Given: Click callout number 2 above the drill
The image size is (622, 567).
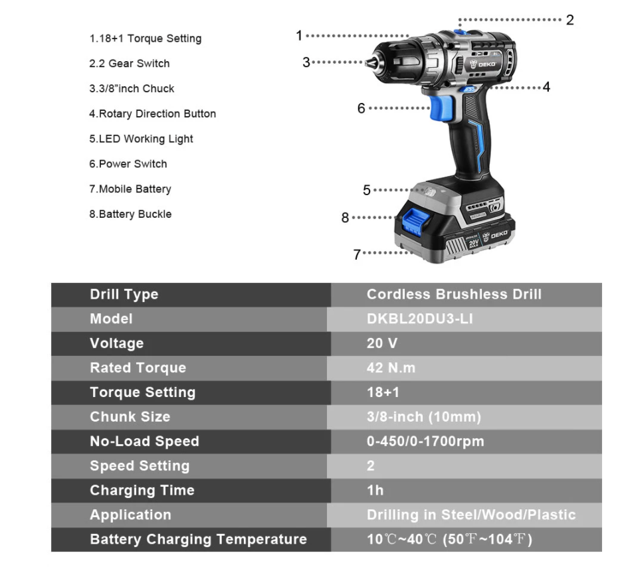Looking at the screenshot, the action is point(570,20).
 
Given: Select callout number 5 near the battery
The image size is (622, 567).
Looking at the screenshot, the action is point(367,190).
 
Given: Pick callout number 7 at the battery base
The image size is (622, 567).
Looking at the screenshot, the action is point(357,254).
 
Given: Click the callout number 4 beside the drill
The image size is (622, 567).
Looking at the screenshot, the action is point(546,87).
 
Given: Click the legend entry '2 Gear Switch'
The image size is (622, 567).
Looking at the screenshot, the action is point(130,63).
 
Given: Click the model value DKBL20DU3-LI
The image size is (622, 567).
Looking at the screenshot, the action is point(420,319).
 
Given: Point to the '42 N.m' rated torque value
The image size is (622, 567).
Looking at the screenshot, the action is point(391,368).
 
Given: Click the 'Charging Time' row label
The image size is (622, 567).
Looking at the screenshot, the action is point(142,490).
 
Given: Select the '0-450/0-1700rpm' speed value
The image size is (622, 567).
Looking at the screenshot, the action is point(425,441).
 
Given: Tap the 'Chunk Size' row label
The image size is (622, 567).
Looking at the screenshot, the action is point(130,417).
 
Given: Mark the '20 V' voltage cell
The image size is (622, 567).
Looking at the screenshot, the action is point(381,343).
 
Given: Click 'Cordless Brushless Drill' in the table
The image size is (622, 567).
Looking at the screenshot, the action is point(454,294).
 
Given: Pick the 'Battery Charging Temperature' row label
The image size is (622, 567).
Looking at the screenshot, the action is point(198,539).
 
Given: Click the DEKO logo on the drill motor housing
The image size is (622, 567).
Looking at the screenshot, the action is point(482,64).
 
